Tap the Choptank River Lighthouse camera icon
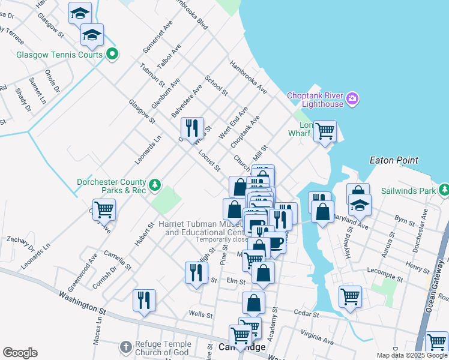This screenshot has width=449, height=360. pos(352,98)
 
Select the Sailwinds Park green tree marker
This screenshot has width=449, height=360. pos(444,191)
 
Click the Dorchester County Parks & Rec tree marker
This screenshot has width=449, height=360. pos(155,184)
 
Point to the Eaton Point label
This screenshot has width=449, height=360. pos(394,161)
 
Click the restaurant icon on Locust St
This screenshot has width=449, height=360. pos(191,128)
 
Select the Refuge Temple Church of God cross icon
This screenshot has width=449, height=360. pos(125,347)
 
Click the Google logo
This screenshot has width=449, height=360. pos(19,353)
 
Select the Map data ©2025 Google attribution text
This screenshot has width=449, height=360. pos(412,355)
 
